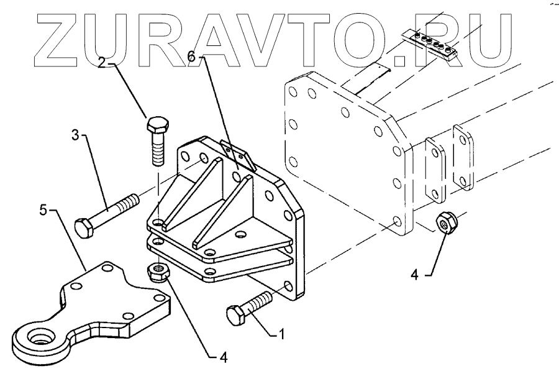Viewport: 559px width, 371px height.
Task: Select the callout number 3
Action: [75, 135]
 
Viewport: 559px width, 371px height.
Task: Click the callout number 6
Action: [192, 57]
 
